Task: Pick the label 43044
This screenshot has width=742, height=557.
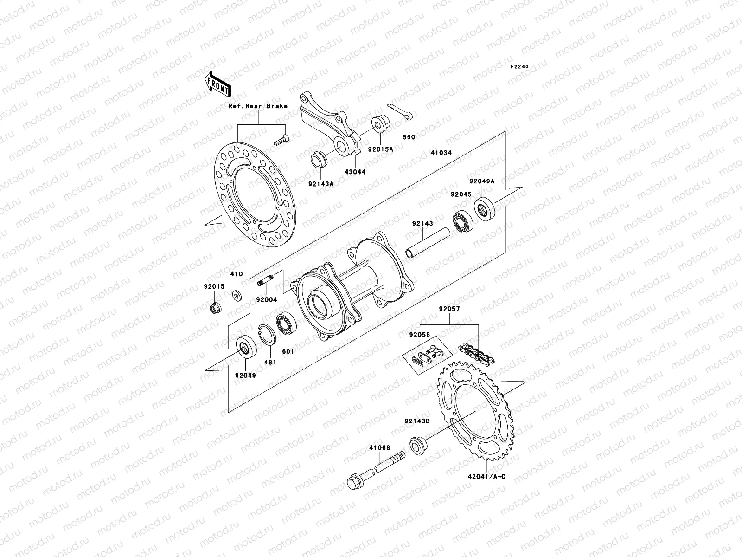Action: click(355, 172)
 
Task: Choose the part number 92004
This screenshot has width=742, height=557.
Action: click(267, 300)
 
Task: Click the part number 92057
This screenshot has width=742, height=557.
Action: click(449, 308)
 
